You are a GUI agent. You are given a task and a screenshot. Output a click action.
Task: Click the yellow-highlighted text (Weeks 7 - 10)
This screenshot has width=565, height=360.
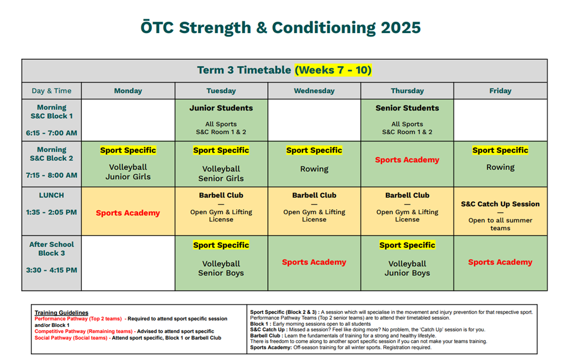pyautogui.click(x=333, y=70)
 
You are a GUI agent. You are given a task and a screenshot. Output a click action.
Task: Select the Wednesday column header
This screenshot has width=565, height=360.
pyautogui.click(x=314, y=91)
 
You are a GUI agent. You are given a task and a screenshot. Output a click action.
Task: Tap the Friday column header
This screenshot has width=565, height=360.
pyautogui.click(x=500, y=91)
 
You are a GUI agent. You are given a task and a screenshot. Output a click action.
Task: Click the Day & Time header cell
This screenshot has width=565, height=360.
pyautogui.click(x=52, y=91)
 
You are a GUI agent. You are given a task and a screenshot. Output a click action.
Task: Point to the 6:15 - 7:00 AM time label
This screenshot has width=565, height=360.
pyautogui.click(x=52, y=133)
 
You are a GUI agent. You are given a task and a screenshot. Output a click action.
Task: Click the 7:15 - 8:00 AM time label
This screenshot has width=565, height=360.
pyautogui.click(x=52, y=176)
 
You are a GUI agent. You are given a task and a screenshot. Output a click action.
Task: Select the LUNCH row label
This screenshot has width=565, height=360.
pyautogui.click(x=52, y=196)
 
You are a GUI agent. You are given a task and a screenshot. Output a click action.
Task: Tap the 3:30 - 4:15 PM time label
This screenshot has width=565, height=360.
pyautogui.click(x=52, y=270)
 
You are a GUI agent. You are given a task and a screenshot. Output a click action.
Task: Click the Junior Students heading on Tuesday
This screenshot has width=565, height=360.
pyautogui.click(x=221, y=108)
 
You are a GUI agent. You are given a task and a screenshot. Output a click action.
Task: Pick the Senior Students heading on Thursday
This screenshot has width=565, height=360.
pyautogui.click(x=407, y=108)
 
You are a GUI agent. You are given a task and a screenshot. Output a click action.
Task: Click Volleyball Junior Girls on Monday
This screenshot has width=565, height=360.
pyautogui.click(x=128, y=172)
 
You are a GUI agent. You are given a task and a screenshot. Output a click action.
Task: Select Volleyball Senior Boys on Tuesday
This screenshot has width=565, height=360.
pyautogui.click(x=221, y=269)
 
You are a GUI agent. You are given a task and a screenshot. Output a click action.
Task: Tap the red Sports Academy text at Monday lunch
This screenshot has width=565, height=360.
pyautogui.click(x=128, y=213)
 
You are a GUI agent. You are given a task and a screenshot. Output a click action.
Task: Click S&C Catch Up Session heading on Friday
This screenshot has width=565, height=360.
pyautogui.click(x=500, y=204)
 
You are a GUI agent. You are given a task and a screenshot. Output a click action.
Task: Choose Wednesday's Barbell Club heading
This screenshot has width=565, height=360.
pyautogui.click(x=314, y=196)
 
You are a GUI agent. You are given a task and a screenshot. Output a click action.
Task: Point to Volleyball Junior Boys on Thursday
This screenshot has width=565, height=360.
pyautogui.click(x=407, y=269)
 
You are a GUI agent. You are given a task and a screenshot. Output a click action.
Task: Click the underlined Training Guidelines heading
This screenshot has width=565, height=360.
pyautogui.click(x=61, y=313)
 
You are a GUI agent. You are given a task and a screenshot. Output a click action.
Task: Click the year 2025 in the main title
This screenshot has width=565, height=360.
pyautogui.click(x=401, y=27)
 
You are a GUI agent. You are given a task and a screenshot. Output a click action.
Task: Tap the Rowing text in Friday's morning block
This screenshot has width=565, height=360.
pyautogui.click(x=500, y=168)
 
